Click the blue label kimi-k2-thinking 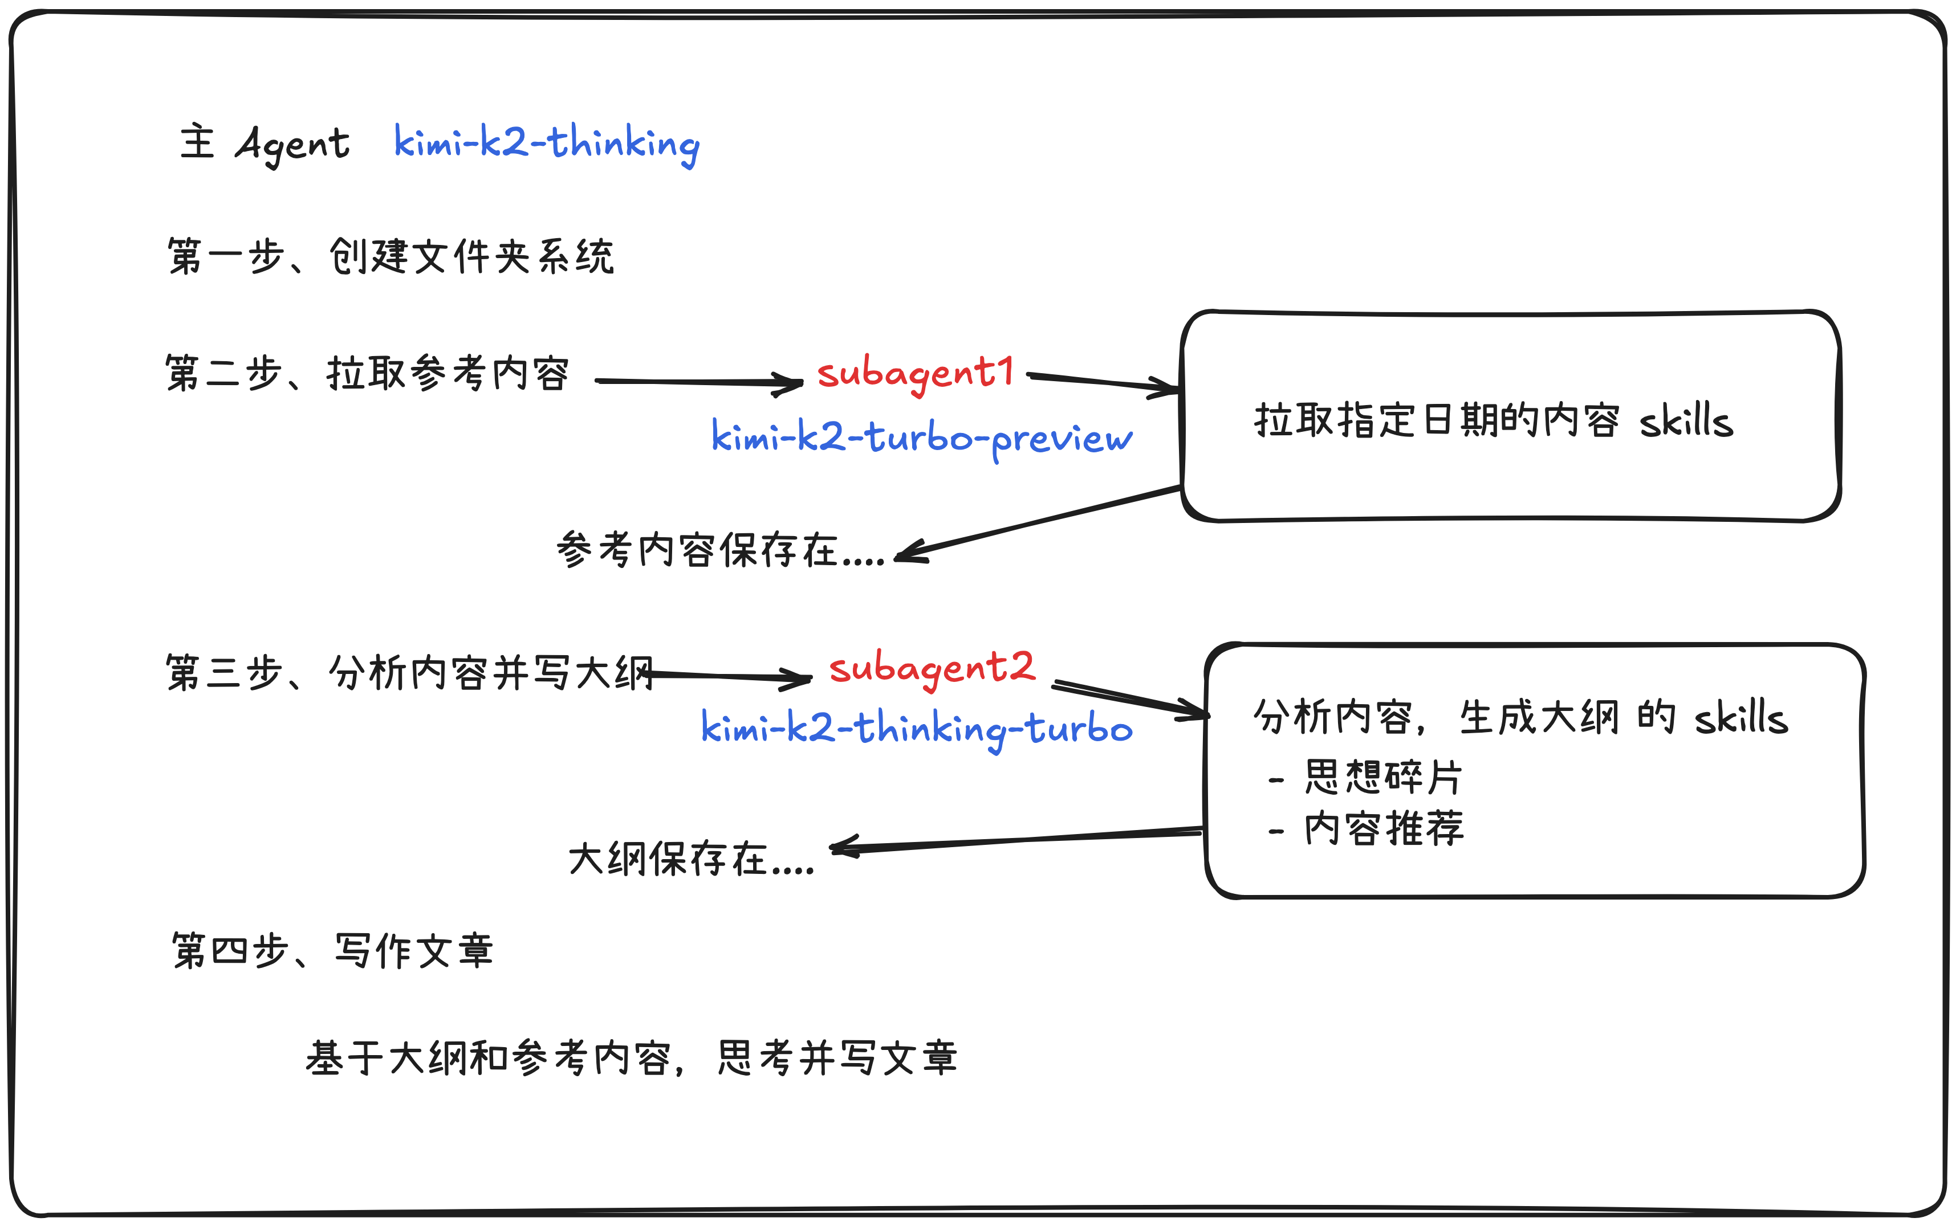(x=546, y=144)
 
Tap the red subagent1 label (x=915, y=373)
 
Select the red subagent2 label (x=932, y=668)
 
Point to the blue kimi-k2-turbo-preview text (x=921, y=438)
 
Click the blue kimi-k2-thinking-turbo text (x=916, y=728)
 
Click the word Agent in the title (x=292, y=144)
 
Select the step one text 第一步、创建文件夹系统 (x=390, y=256)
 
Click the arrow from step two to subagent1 (x=698, y=382)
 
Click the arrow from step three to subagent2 (x=730, y=676)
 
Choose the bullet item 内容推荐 (x=1382, y=829)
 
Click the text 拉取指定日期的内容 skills (x=1493, y=421)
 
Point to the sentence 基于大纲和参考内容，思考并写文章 (x=631, y=1058)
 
